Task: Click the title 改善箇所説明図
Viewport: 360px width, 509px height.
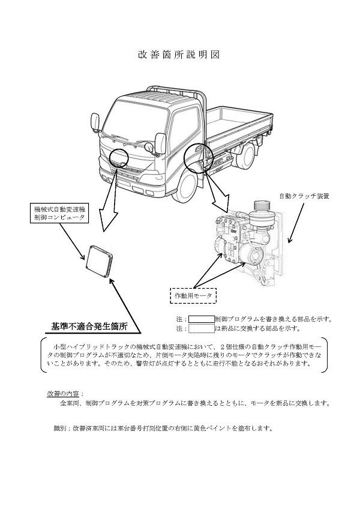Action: click(x=178, y=55)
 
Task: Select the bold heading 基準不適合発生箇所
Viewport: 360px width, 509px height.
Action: click(x=89, y=327)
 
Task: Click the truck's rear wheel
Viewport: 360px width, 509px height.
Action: click(x=247, y=157)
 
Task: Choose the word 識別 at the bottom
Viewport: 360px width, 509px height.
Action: click(x=60, y=429)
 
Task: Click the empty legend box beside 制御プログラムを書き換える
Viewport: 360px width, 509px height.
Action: click(x=201, y=319)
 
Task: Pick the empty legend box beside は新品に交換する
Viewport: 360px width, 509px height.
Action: click(x=201, y=329)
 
